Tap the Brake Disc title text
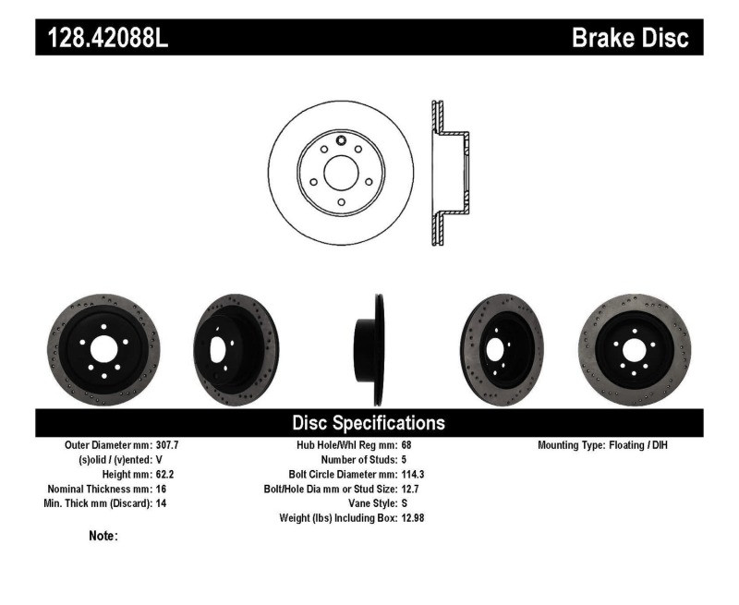pyautogui.click(x=630, y=38)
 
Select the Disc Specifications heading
pyautogui.click(x=369, y=423)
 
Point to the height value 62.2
pyautogui.click(x=163, y=475)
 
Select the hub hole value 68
pyautogui.click(x=406, y=445)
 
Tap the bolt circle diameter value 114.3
pyautogui.click(x=413, y=475)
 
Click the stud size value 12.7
pyautogui.click(x=410, y=489)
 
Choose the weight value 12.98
pyautogui.click(x=413, y=518)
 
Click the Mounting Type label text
pyautogui.click(x=571, y=445)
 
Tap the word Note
pyautogui.click(x=103, y=536)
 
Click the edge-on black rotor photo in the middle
pyautogui.click(x=377, y=349)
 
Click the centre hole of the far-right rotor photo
pyautogui.click(x=634, y=351)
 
